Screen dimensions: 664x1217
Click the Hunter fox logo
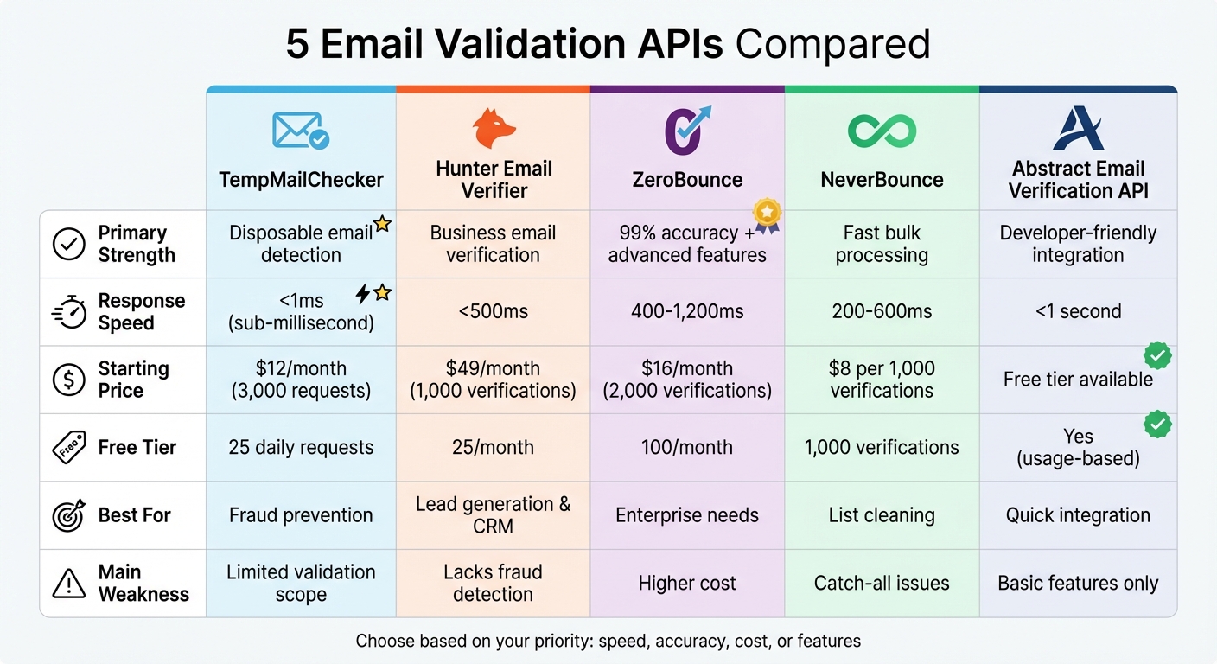click(x=494, y=129)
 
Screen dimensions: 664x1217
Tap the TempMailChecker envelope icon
click(x=300, y=131)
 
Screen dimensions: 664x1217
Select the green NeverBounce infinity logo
click(x=882, y=130)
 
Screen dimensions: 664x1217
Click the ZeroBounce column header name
click(x=687, y=180)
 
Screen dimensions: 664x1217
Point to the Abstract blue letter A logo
click(x=1078, y=128)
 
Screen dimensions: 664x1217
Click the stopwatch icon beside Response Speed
click(x=68, y=312)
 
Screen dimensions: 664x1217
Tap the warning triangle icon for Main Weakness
click(x=68, y=584)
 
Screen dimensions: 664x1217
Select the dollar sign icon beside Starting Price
click(x=68, y=380)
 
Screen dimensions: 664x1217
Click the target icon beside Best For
click(x=68, y=515)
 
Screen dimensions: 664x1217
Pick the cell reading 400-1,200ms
click(x=687, y=311)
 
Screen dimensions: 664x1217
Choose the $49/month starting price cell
click(x=493, y=380)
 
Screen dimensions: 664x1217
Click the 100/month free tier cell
click(x=687, y=448)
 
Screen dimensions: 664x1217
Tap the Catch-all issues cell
click(x=882, y=584)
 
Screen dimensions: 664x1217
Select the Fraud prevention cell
click(x=301, y=515)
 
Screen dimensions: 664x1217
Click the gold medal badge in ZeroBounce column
click(x=767, y=214)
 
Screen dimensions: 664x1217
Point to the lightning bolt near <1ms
click(x=363, y=294)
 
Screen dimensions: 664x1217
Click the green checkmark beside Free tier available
click(x=1157, y=355)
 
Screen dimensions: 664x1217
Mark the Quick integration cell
click(x=1078, y=515)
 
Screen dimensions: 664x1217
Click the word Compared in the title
click(x=832, y=44)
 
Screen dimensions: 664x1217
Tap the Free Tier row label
click(x=137, y=448)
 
